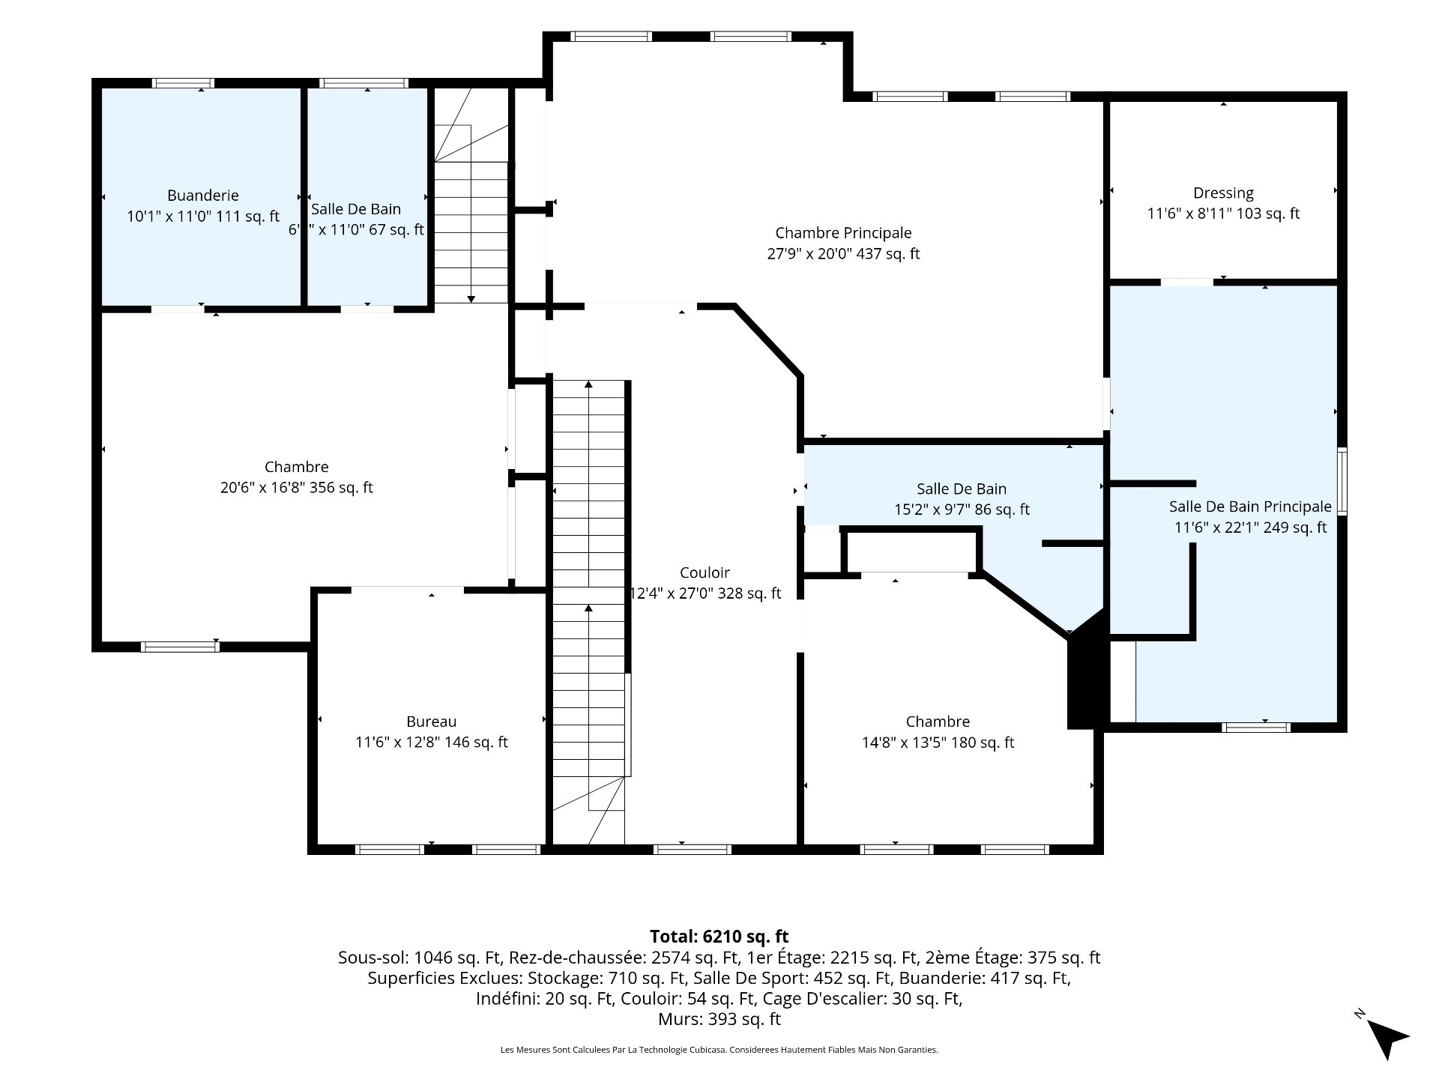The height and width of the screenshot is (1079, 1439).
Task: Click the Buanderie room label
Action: point(203,196)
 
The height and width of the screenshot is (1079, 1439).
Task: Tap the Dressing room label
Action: point(1223,193)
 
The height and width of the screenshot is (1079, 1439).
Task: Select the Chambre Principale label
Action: point(843,233)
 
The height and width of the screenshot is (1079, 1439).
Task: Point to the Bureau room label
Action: point(431,722)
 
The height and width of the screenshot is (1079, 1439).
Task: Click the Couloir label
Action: point(705,572)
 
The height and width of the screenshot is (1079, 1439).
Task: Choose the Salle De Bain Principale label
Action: point(1250,507)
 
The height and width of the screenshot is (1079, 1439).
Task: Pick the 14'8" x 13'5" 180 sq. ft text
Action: point(938,743)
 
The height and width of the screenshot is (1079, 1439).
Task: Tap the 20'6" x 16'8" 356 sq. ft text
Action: point(297,488)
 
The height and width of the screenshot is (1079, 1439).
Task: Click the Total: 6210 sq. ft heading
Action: point(719,937)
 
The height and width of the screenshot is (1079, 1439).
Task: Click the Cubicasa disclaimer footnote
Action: point(719,1051)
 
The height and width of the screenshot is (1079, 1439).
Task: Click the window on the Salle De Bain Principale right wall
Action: point(1342,481)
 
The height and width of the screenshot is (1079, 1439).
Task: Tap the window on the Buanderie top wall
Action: point(183,83)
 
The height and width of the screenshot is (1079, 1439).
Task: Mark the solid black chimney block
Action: point(1087,671)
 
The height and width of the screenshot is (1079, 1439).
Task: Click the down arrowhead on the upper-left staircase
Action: point(471,299)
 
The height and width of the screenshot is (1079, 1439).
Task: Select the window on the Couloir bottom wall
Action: point(693,849)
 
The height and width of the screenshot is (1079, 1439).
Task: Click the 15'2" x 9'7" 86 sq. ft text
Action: point(962,510)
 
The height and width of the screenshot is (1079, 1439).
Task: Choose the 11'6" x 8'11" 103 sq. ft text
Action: point(1223,214)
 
